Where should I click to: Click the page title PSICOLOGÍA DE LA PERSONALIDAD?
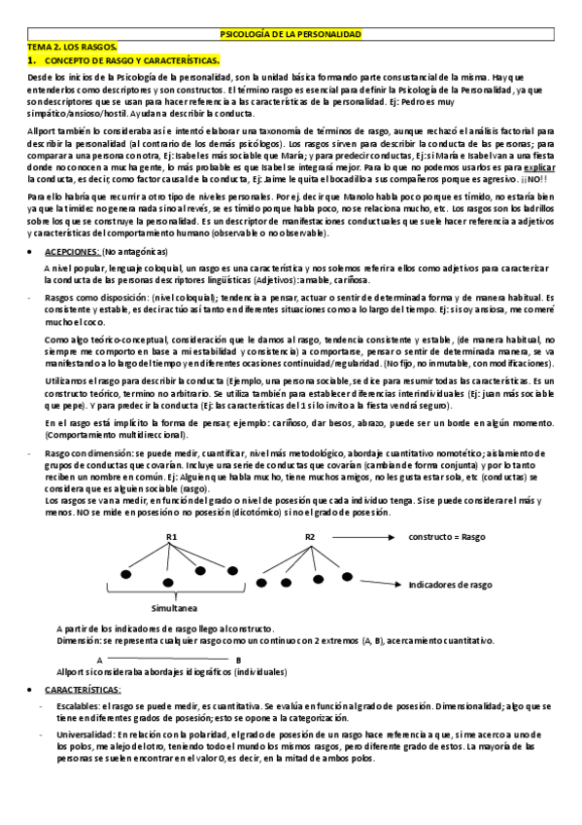point(291,34)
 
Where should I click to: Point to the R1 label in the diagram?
point(171,537)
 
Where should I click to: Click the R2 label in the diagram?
point(310,537)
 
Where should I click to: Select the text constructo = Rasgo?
point(448,537)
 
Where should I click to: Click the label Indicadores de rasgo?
point(451,585)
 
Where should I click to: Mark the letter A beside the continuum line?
point(102,659)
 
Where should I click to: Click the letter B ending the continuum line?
point(239,659)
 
